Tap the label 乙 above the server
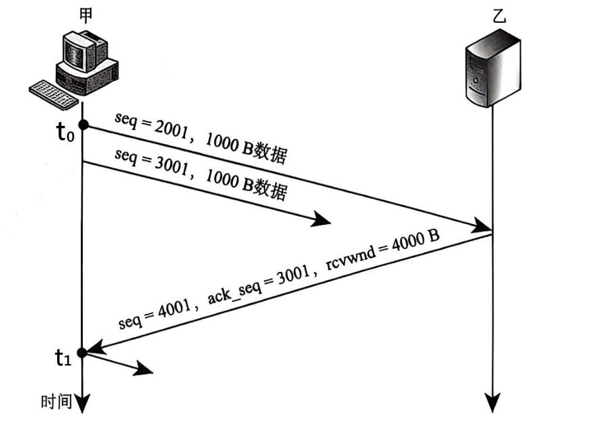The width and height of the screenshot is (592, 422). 498,18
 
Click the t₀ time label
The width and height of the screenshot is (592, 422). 64,133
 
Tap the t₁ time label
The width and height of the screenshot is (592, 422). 63,358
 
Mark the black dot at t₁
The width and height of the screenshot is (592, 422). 82,352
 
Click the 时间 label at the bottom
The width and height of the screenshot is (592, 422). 56,402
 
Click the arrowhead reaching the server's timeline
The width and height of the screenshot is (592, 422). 484,226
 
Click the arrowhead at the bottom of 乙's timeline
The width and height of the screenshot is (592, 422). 494,402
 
